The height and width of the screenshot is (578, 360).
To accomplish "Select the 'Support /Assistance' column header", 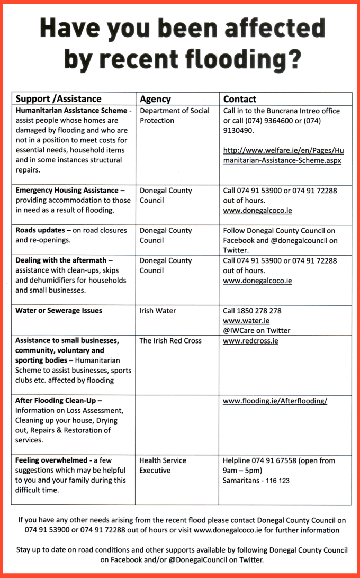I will point(58,99).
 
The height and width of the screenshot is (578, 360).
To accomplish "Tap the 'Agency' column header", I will point(155,99).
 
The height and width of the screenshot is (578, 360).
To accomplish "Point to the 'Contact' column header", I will point(239,99).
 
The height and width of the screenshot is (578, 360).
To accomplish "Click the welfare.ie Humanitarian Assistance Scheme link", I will point(283,155).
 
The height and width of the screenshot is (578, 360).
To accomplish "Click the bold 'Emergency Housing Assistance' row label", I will point(66,191).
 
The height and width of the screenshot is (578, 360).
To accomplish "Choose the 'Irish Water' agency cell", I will point(158,311).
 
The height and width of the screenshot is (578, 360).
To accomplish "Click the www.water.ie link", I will point(246,321).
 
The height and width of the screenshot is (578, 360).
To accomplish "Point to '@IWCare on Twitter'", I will point(256,330).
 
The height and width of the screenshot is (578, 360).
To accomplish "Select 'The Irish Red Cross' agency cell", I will point(170,341).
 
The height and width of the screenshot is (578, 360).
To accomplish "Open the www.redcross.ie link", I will point(250,341).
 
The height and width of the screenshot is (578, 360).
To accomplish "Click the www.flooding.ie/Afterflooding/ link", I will point(275,401).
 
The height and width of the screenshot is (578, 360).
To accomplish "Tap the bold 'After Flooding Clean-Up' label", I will point(59,401).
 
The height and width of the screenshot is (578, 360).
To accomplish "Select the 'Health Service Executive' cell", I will point(163,465).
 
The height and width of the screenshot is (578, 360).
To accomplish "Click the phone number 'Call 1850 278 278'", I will point(252,311).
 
